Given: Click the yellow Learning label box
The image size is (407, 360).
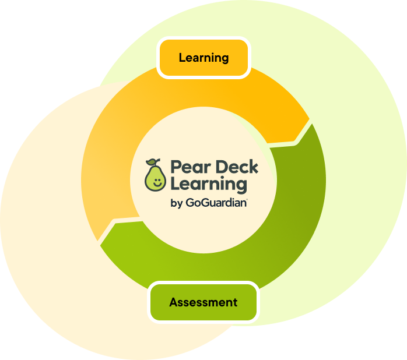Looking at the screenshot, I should [203, 58].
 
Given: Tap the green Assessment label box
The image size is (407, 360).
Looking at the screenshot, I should [203, 302].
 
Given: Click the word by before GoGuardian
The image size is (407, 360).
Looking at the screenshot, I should [176, 203].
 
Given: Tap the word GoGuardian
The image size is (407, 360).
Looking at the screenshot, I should [216, 203].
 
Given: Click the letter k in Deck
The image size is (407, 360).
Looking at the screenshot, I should [254, 168].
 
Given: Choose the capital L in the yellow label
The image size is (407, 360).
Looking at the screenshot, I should [182, 58].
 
